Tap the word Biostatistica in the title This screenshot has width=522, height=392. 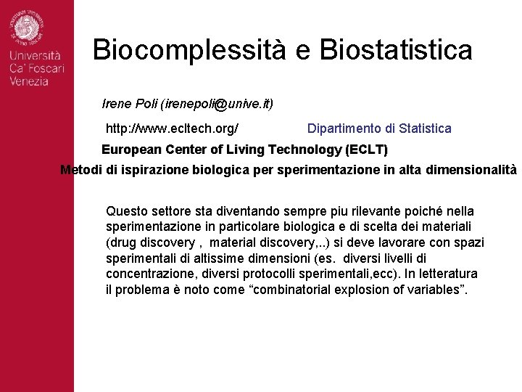point(396,50)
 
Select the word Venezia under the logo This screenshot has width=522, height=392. point(29,81)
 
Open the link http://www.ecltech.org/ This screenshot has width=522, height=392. point(173,128)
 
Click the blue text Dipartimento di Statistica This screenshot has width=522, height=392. point(379,128)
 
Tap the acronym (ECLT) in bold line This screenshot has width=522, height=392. point(367,150)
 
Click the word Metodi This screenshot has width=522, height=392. point(78,170)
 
